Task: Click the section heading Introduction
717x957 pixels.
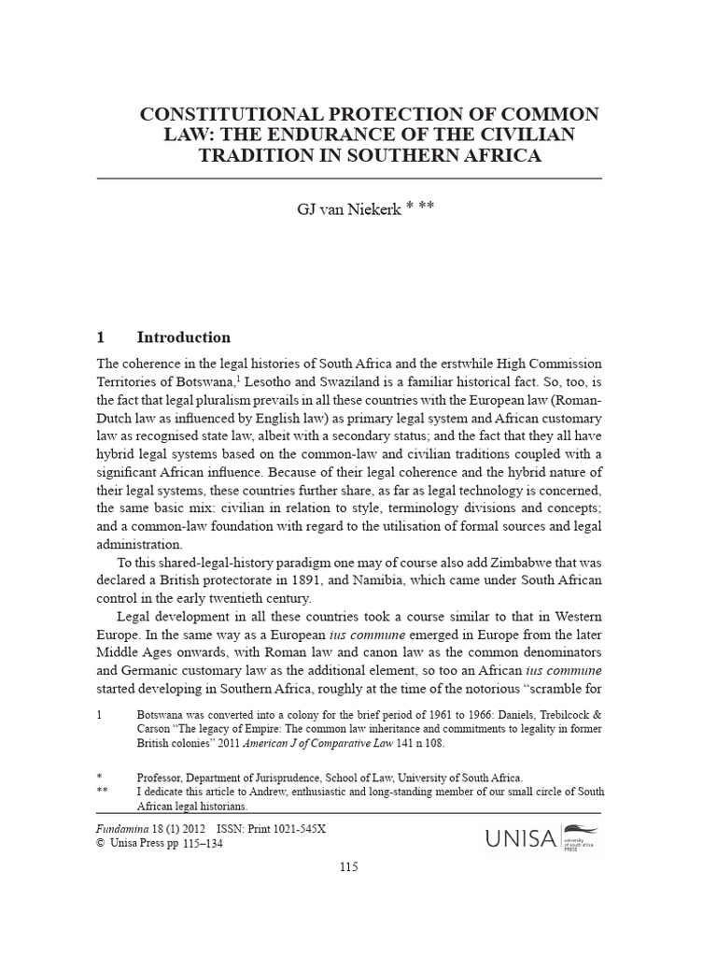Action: click(183, 337)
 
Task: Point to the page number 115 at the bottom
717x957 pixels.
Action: click(348, 867)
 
